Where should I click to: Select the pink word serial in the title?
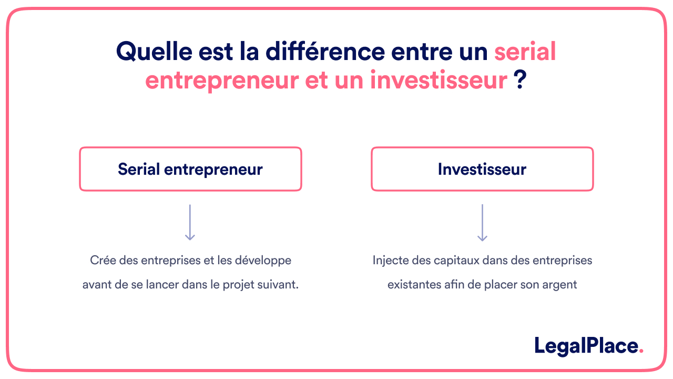click(525, 52)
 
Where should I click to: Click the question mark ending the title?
click(519, 81)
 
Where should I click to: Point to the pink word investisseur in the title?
click(439, 81)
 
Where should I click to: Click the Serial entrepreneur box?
click(190, 169)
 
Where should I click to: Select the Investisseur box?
click(482, 169)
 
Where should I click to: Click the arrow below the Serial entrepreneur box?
click(190, 223)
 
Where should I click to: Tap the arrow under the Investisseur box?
click(482, 223)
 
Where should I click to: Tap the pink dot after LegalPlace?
click(641, 352)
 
